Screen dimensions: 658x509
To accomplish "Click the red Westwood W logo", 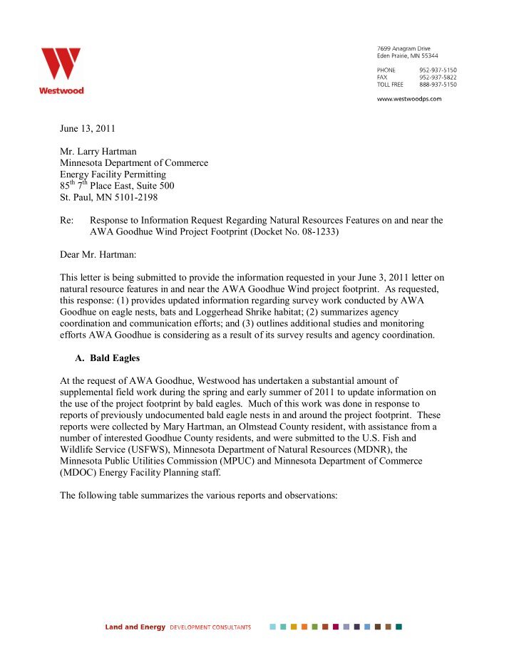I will tap(61, 65).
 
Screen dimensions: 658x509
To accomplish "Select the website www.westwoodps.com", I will tap(408, 99).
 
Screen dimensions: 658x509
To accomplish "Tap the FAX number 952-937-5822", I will tap(438, 77).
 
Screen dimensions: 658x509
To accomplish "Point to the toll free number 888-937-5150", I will tap(438, 84).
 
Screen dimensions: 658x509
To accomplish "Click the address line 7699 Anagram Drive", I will tap(403, 48).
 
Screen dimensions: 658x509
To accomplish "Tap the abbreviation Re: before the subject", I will tap(67, 221).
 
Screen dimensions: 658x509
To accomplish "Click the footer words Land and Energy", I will tap(135, 627).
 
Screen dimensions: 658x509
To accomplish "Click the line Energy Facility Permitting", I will tap(113, 174).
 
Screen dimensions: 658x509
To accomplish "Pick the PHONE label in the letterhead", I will tap(386, 70).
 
